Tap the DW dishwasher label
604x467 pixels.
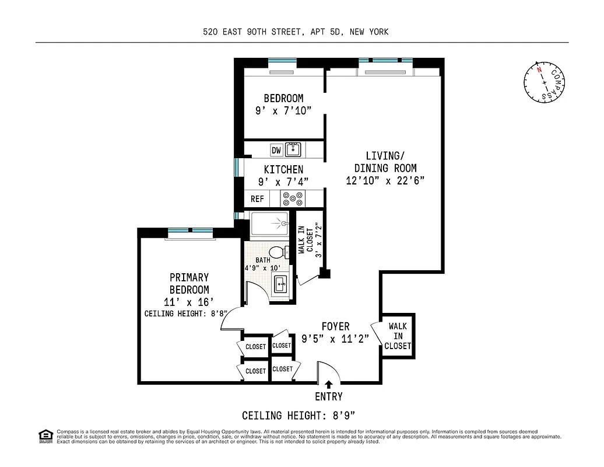pyautogui.click(x=276, y=150)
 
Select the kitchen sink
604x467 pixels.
pyautogui.click(x=293, y=149)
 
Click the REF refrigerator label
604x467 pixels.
pyautogui.click(x=257, y=199)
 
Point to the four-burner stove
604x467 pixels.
pyautogui.click(x=293, y=199)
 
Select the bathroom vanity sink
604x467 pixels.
pyautogui.click(x=281, y=284)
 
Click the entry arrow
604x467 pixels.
pyautogui.click(x=329, y=384)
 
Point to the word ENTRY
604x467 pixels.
pyautogui.click(x=329, y=398)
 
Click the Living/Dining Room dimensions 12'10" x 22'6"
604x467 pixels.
pyautogui.click(x=385, y=181)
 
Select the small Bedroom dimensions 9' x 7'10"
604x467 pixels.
pyautogui.click(x=283, y=111)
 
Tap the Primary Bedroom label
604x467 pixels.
pyautogui.click(x=189, y=284)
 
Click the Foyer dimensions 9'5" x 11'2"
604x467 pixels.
pyautogui.click(x=335, y=339)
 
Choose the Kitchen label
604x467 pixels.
pyautogui.click(x=283, y=169)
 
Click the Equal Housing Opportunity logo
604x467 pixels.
pyautogui.click(x=44, y=435)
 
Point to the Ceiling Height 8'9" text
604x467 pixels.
pyautogui.click(x=299, y=416)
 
